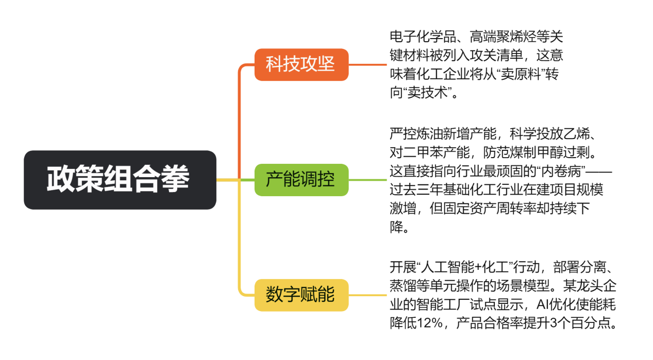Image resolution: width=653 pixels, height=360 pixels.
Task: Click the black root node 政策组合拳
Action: tap(120, 180)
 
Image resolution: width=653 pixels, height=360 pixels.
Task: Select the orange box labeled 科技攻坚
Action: tap(302, 64)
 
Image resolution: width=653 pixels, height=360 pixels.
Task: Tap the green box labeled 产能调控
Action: tap(302, 180)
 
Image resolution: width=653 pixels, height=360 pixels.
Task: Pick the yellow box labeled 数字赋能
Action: tap(302, 295)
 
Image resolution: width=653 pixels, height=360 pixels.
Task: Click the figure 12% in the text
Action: tap(430, 323)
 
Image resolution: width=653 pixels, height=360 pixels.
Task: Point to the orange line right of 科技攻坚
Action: tap(367, 65)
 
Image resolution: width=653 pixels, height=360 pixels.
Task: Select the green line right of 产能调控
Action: tap(367, 180)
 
